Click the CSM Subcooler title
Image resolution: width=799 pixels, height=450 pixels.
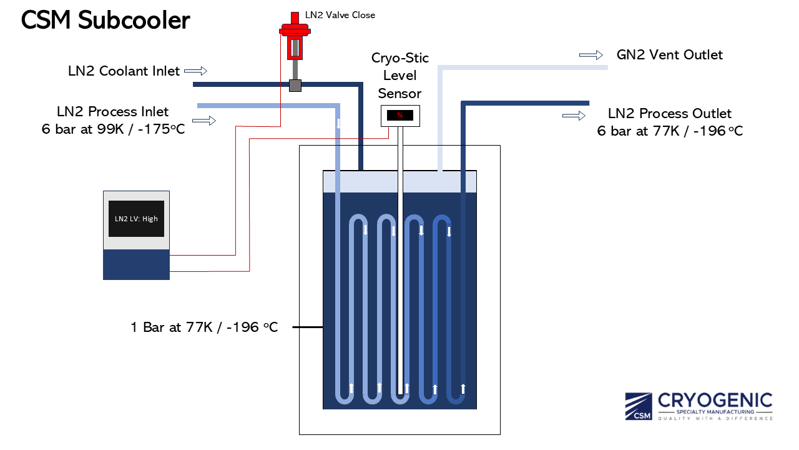coord(105,21)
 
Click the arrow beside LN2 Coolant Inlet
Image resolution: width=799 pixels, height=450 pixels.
coord(195,71)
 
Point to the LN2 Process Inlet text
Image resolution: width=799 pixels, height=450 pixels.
coord(112,112)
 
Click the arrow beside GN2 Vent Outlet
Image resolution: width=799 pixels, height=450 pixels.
coord(591,55)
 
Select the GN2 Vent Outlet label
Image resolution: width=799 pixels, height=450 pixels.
coord(669,55)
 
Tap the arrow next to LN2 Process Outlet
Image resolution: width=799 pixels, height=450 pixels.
coord(574,116)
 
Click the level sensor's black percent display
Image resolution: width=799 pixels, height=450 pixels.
coord(399,115)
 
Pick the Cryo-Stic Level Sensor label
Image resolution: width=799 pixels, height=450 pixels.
coord(400,76)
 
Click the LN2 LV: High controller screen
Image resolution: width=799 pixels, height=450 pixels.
coord(136,219)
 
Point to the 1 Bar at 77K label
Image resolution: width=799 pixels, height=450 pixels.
coord(204,327)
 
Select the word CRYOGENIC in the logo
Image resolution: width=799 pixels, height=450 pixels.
coord(715,401)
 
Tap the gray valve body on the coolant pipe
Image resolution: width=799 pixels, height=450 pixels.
coord(295,85)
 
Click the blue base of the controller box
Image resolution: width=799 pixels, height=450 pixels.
coord(136,264)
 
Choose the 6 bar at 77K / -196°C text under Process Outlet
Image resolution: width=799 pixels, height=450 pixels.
coord(670,131)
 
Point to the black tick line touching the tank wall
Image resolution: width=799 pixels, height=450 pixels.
coord(307,327)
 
